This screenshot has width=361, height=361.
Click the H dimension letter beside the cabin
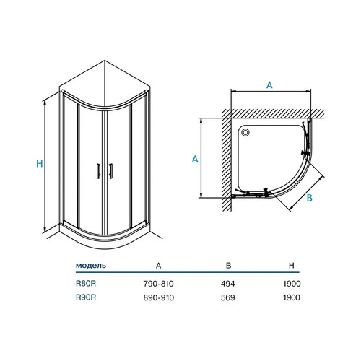[x=40, y=164]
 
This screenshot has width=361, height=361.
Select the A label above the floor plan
[x=269, y=85]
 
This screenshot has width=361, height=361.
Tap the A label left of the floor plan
[x=195, y=159]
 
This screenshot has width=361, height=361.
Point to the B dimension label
[x=310, y=198]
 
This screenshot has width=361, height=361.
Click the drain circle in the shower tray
[x=245, y=132]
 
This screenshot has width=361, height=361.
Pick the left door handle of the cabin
[x=98, y=171]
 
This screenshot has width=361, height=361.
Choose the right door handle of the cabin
[x=110, y=171]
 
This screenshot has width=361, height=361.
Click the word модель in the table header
[x=91, y=266]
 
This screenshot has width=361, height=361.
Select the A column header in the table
[x=158, y=266]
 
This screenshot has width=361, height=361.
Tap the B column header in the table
[x=229, y=266]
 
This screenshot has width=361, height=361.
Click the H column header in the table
[x=292, y=266]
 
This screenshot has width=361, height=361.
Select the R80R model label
[x=86, y=284]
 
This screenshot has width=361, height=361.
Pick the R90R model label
[x=86, y=297]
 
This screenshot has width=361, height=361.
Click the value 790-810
[x=158, y=284]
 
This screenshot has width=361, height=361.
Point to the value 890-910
[x=159, y=297]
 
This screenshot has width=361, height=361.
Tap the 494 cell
[x=227, y=284]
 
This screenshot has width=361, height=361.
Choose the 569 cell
[x=227, y=297]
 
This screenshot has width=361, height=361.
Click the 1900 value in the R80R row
[x=292, y=284]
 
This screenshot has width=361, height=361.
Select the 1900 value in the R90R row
[x=292, y=297]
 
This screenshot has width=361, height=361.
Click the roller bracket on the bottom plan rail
[x=266, y=192]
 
